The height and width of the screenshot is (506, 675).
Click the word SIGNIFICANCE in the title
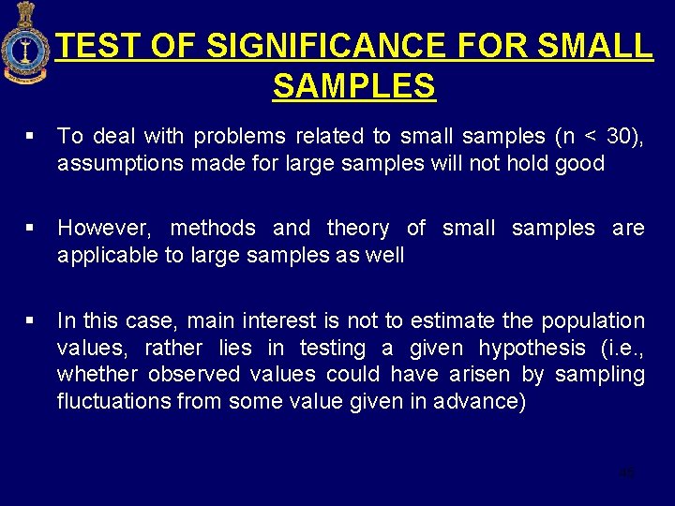[323, 45]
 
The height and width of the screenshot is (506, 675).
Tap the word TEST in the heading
[98, 45]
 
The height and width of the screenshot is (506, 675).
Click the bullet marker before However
[31, 228]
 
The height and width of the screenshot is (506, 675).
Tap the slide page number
[626, 472]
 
